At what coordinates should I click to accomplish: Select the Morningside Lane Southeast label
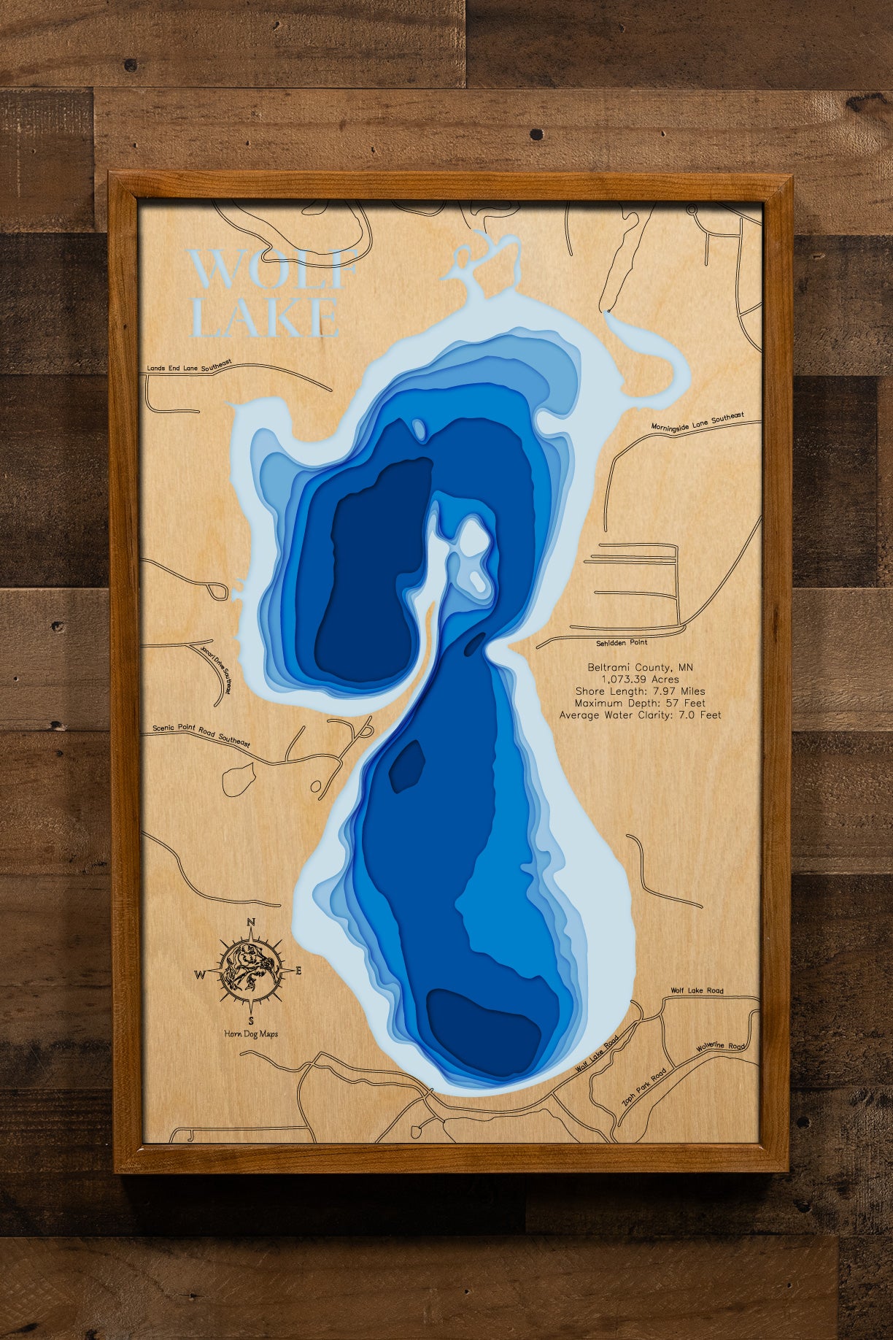tap(697, 422)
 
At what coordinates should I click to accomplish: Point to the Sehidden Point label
tap(622, 642)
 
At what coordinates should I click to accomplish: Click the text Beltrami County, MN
tap(640, 667)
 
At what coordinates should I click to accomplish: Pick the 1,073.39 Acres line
tap(640, 679)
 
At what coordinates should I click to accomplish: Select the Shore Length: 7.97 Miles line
tap(640, 691)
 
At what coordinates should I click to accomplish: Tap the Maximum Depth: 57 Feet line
tap(640, 703)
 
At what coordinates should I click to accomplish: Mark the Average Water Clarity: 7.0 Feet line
tap(640, 715)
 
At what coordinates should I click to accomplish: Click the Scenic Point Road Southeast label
tap(201, 735)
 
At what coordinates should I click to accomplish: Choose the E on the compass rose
tap(298, 971)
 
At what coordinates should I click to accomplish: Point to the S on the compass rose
tap(251, 1020)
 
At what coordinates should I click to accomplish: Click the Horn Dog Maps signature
tap(251, 1033)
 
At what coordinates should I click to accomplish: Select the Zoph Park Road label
tap(643, 1086)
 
